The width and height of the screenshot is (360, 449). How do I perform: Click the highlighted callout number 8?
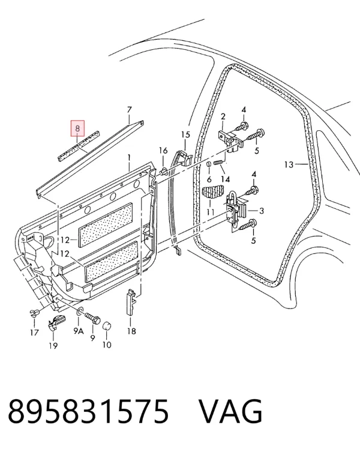pyautogui.click(x=77, y=128)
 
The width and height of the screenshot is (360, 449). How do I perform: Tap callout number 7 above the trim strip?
pyautogui.click(x=130, y=110)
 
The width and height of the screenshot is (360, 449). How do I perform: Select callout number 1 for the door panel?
pyautogui.click(x=129, y=157)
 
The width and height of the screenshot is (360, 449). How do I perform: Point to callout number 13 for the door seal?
pyautogui.click(x=289, y=164)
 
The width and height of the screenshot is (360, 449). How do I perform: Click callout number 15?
pyautogui.click(x=186, y=134)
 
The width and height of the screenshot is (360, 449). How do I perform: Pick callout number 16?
pyautogui.click(x=163, y=150)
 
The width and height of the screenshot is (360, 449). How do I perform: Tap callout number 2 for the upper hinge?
pyautogui.click(x=223, y=116)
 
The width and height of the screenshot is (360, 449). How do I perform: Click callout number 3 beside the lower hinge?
pyautogui.click(x=261, y=211)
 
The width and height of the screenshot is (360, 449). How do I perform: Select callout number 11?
pyautogui.click(x=211, y=212)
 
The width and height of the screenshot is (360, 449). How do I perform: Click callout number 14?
pyautogui.click(x=226, y=179)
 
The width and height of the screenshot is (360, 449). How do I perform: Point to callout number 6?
pyautogui.click(x=209, y=179)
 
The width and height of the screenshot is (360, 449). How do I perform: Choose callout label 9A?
pyautogui.click(x=79, y=331)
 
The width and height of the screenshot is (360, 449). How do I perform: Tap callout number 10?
pyautogui.click(x=107, y=345)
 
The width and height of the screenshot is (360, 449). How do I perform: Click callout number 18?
pyautogui.click(x=131, y=331)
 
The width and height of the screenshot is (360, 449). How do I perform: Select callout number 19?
pyautogui.click(x=53, y=346)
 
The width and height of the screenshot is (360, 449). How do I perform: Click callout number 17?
pyautogui.click(x=34, y=333)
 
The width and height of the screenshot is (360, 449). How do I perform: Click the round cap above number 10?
pyautogui.click(x=107, y=326)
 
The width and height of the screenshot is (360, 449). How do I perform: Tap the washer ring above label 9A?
pyautogui.click(x=80, y=312)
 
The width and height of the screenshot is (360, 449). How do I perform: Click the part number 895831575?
pyautogui.click(x=88, y=412)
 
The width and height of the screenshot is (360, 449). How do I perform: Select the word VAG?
pyautogui.click(x=230, y=412)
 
